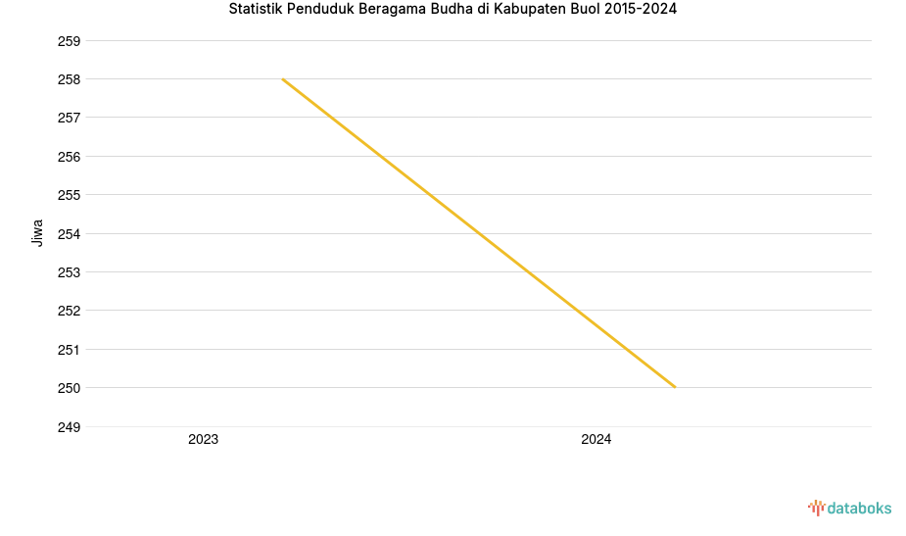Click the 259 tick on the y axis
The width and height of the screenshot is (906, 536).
(69, 41)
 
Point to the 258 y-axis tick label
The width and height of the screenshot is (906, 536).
(69, 79)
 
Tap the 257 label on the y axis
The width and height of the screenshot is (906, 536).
(69, 118)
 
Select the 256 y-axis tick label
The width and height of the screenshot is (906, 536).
(69, 157)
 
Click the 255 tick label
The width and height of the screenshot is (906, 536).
(69, 195)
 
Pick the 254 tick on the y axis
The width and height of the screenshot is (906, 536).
(69, 234)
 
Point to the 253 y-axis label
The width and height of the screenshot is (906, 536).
(69, 272)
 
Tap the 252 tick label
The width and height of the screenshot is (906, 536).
(69, 311)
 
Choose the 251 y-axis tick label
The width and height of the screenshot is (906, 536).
(69, 350)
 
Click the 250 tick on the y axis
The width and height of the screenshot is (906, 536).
(69, 388)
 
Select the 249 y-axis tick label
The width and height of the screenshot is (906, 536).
(69, 427)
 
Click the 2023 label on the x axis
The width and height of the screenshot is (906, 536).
(204, 440)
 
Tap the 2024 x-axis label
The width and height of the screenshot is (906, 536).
(596, 440)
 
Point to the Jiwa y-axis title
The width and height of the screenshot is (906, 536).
(38, 233)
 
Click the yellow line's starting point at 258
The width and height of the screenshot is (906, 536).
(282, 79)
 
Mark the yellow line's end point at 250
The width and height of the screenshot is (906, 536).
(675, 387)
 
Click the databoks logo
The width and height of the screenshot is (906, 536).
(849, 508)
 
